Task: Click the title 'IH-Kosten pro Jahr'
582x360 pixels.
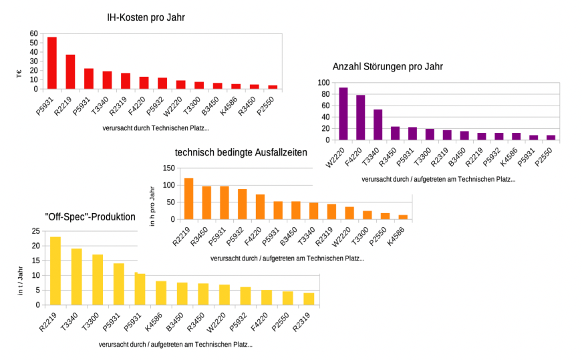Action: click(x=146, y=18)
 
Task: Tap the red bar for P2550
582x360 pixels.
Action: click(x=273, y=87)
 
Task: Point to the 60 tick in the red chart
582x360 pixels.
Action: click(x=34, y=33)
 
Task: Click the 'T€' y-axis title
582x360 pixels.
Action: click(x=19, y=74)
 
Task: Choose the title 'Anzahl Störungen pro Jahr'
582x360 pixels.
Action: click(x=388, y=67)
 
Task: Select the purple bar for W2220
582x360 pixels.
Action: click(x=343, y=114)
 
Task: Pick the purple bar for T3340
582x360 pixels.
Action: click(x=378, y=125)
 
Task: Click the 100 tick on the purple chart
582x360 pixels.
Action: click(x=323, y=82)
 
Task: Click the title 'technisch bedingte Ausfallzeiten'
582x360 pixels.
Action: click(x=241, y=152)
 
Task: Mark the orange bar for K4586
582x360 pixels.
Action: click(x=403, y=217)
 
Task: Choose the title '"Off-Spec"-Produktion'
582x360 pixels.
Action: click(x=90, y=216)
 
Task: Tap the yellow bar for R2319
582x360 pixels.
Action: click(x=309, y=299)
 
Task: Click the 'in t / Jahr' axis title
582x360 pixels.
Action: click(x=19, y=283)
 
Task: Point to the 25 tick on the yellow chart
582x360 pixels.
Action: click(x=35, y=231)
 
